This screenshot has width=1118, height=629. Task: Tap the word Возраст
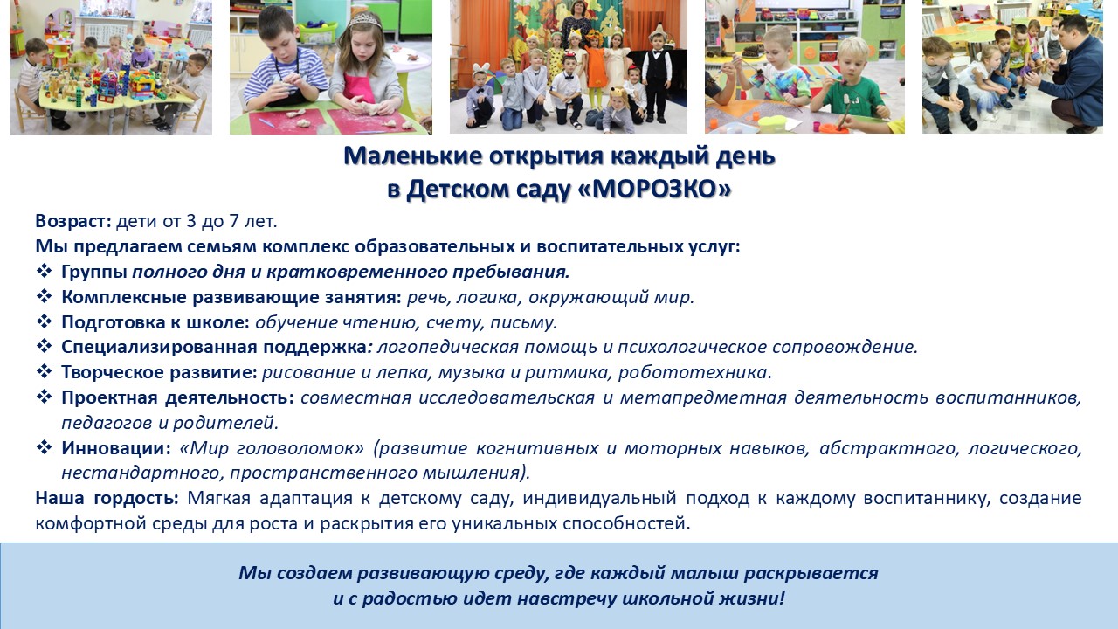(x=73, y=221)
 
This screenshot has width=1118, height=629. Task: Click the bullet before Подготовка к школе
(x=44, y=321)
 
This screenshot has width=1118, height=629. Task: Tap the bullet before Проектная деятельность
(x=44, y=397)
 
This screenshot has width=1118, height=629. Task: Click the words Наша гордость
(x=107, y=498)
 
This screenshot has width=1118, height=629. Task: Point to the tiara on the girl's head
(x=364, y=20)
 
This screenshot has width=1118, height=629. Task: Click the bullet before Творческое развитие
(x=44, y=371)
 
